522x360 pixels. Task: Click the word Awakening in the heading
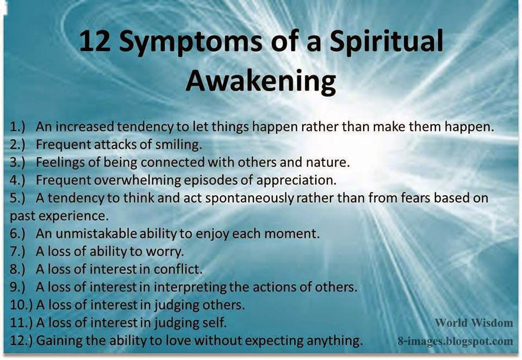(260, 80)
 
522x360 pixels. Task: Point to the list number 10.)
(21, 305)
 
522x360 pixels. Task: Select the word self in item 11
(214, 322)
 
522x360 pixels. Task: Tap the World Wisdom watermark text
(473, 323)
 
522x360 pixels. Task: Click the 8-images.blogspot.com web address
(455, 342)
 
